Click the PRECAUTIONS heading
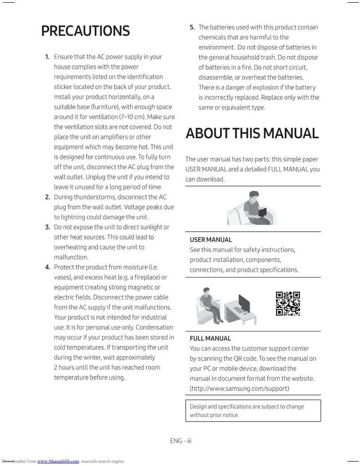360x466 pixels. coord(85,31)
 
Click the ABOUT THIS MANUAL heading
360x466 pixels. coord(252,133)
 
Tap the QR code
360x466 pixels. coord(288,304)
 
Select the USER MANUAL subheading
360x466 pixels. coord(211,240)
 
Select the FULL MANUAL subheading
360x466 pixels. coord(210,338)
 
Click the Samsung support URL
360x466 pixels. coord(239,388)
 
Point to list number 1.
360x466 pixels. coord(47,57)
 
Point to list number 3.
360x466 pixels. coord(47,227)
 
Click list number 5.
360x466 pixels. coord(192,27)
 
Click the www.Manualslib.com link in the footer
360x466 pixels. coord(58,461)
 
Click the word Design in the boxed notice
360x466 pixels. coord(198,407)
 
